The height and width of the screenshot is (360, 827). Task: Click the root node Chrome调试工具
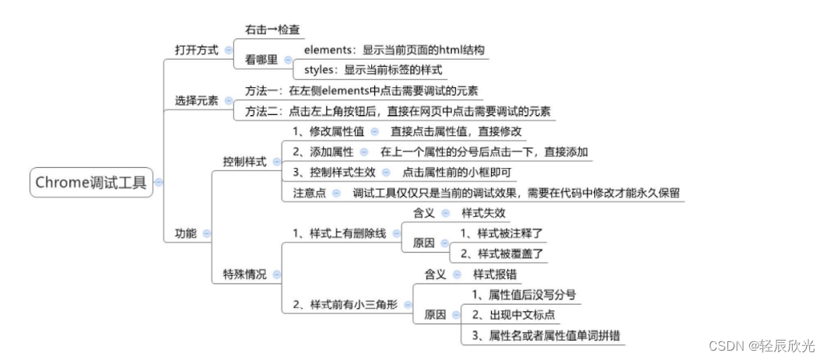(91, 183)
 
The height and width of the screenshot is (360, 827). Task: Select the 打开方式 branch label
(196, 49)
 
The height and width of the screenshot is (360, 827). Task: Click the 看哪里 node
(261, 59)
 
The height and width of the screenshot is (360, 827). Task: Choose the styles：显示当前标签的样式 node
(373, 69)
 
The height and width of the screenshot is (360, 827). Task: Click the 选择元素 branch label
(196, 101)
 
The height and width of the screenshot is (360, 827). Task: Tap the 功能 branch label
(186, 232)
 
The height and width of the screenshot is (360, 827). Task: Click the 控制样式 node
(244, 162)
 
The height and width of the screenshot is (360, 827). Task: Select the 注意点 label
(309, 192)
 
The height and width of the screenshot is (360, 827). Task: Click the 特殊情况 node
(244, 274)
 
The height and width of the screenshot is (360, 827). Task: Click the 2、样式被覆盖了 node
(502, 253)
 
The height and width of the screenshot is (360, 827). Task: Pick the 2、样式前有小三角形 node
(344, 304)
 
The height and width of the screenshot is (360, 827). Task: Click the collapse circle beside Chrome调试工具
(159, 183)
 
